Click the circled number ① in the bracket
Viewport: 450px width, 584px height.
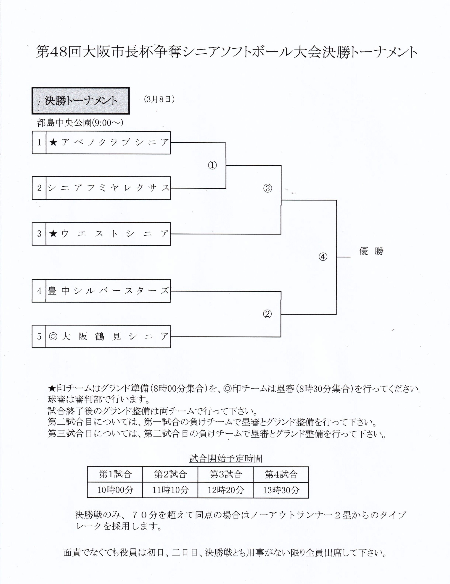212,165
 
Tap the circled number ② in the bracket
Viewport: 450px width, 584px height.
267,314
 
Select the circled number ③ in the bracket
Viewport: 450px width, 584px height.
267,188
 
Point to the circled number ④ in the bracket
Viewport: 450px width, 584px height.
323,257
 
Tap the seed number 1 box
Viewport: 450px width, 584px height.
39,143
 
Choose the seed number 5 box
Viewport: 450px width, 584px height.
39,336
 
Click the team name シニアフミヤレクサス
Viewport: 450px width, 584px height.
109,188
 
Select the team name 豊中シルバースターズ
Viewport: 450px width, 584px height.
109,291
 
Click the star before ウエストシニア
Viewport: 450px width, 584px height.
53,234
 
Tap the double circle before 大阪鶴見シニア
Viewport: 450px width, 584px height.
53,336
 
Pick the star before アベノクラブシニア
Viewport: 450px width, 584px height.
53,142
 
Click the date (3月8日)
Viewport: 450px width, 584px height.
159,99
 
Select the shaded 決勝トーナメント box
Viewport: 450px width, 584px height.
81,101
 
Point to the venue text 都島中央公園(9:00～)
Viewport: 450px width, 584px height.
80,123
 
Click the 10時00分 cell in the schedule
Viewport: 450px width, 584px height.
115,490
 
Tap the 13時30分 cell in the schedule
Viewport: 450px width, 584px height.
281,490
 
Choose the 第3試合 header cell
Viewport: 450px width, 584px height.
226,474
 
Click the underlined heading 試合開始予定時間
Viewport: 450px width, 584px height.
226,458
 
